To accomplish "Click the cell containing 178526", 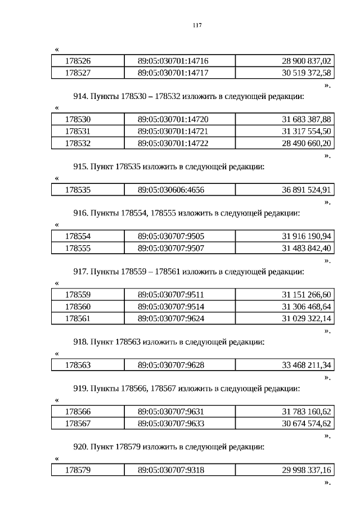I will tap(78, 61).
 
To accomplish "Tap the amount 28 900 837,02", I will tap(307, 61).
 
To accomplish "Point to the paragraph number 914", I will tap(82, 96).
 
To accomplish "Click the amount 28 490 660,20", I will tap(307, 143).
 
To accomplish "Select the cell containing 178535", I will tap(78, 190).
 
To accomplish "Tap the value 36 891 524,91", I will tap(307, 190).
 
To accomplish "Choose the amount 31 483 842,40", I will tap(307, 248).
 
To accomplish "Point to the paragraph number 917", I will tap(82, 272).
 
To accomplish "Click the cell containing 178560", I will tap(78, 307).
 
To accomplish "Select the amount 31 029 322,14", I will tap(307, 318).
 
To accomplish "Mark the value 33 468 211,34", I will tap(307, 366).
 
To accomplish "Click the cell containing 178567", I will tap(78, 424).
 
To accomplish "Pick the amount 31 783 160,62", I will tap(307, 412).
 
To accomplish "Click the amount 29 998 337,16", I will tap(307, 470).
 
